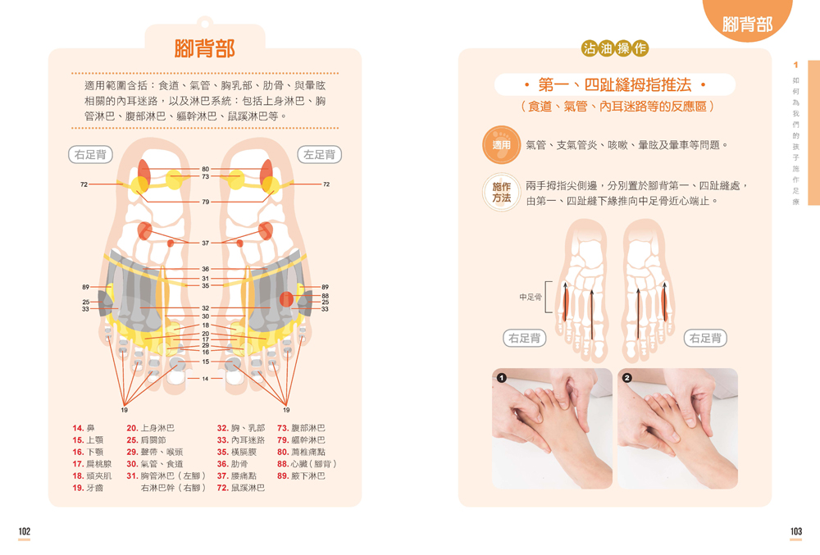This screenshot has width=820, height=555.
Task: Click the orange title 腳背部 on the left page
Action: click(204, 48)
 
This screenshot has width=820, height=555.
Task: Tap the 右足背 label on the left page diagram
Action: click(90, 155)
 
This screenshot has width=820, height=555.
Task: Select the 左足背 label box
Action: click(320, 155)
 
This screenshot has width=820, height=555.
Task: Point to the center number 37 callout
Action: click(206, 243)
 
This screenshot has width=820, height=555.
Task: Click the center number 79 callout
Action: click(206, 202)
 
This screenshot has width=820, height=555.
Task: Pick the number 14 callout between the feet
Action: click(205, 379)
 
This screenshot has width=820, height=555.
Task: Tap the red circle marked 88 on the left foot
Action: click(286, 299)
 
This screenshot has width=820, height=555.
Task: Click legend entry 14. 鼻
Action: click(84, 428)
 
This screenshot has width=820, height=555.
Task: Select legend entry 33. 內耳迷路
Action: click(241, 440)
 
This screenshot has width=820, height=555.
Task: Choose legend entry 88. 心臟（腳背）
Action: click(307, 463)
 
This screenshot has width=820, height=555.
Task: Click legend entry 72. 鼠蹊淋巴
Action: click(241, 488)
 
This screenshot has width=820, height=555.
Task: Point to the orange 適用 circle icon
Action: click(501, 145)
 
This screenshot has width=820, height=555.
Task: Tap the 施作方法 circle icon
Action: click(501, 193)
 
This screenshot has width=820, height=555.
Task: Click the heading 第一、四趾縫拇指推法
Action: click(615, 84)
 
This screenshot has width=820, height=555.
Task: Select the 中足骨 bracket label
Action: click(531, 297)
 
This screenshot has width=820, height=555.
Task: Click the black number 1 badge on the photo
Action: click(502, 378)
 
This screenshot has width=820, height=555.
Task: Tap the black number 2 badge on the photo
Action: click(627, 378)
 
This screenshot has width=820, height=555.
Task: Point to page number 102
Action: click(25, 531)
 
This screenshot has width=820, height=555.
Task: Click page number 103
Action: click(796, 531)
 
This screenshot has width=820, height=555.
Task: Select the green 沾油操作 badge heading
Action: click(615, 48)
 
